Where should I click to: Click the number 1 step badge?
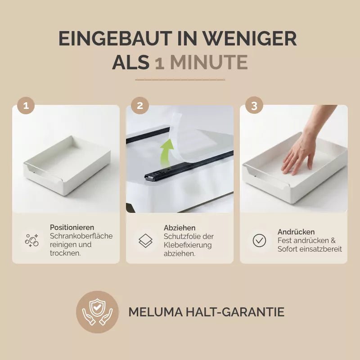(26, 106)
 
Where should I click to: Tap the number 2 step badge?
(140, 106)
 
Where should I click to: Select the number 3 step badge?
(254, 106)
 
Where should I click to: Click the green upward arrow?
(167, 153)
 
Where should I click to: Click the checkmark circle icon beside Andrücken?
(259, 240)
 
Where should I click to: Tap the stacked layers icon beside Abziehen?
(145, 241)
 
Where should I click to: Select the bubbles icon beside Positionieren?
(31, 240)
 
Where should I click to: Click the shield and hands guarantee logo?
(97, 312)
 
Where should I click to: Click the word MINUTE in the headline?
(209, 62)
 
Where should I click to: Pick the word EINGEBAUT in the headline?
(115, 38)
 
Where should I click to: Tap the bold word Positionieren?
(72, 227)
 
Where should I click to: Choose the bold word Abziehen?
(180, 228)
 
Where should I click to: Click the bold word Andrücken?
(296, 232)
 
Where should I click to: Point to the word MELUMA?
(156, 312)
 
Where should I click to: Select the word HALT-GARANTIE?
(235, 312)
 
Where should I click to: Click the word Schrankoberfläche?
(81, 236)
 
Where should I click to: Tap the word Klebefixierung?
(188, 245)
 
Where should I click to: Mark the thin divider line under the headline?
(180, 80)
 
